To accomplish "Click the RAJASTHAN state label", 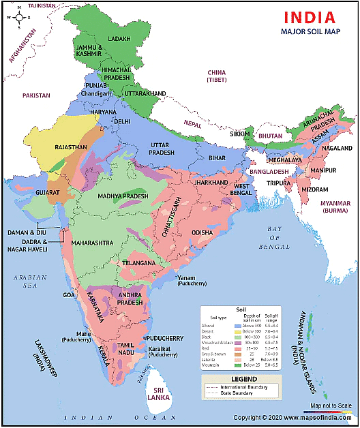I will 72,147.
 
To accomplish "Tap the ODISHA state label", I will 206,232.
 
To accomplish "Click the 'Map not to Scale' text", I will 330,407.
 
